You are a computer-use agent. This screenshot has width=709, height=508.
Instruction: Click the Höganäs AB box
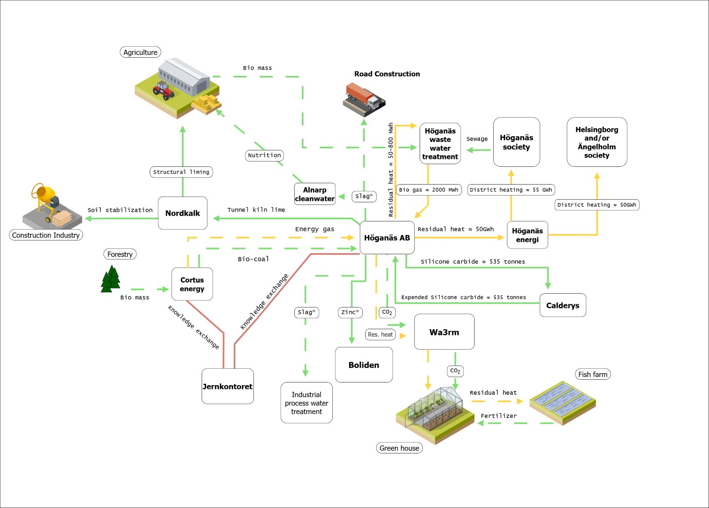point(387,238)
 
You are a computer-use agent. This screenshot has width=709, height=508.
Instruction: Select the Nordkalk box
point(183,213)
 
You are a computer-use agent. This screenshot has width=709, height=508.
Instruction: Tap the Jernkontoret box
point(227,386)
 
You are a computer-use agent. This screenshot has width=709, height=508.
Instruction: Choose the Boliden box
point(364,365)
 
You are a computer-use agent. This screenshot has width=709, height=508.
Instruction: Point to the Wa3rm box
point(444,332)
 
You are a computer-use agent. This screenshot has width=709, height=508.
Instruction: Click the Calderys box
point(563,305)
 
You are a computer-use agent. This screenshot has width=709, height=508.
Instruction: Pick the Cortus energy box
point(192,284)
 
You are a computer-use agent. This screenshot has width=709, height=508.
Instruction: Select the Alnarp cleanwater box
point(315,194)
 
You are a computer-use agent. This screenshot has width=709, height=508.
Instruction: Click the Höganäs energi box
point(527,235)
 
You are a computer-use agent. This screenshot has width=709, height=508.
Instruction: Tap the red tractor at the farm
point(164,90)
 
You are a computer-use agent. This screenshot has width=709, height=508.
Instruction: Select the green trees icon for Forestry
point(110,279)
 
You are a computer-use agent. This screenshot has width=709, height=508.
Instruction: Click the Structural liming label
point(181,172)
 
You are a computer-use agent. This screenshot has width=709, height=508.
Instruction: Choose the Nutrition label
point(265,155)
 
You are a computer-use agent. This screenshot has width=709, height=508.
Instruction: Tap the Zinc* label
point(350,312)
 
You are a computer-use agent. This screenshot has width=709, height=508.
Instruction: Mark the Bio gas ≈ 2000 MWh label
point(429,190)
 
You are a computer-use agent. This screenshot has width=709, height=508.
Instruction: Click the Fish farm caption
point(592,374)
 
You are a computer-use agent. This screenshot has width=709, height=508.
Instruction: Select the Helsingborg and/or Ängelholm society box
point(597,142)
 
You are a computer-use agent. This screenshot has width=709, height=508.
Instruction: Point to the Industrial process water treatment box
point(307,403)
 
